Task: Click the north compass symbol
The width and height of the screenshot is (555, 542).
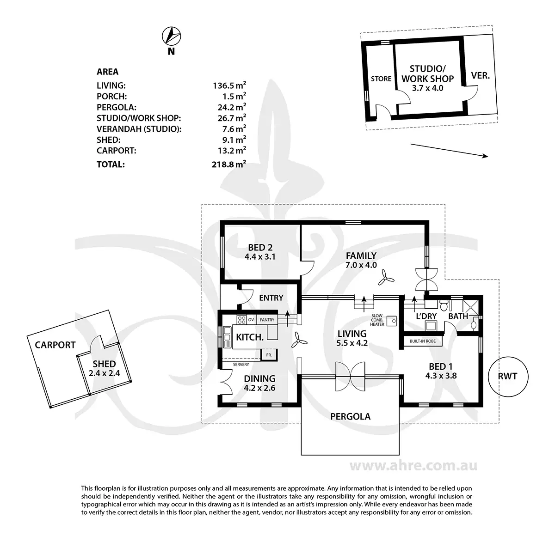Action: click(x=171, y=35)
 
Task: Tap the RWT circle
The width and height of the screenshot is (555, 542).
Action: click(x=507, y=377)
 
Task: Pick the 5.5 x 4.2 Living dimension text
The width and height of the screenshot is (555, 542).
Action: click(x=352, y=343)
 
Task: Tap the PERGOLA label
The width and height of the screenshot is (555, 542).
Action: click(x=350, y=416)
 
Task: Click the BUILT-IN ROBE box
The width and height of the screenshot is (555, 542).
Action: click(x=423, y=341)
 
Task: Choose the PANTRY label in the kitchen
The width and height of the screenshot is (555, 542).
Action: click(x=267, y=320)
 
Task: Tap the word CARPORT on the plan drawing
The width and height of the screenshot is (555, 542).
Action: click(x=55, y=345)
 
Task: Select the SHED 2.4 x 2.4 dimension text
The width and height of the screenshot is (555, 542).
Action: click(x=104, y=373)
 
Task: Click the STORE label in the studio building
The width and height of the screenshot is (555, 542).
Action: click(x=381, y=79)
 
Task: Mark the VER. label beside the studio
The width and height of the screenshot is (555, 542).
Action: click(x=480, y=75)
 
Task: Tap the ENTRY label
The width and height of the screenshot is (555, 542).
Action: click(x=271, y=298)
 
